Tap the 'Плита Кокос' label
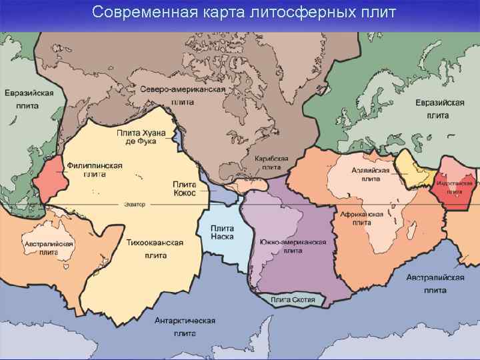(x=184, y=188)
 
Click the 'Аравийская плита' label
(x=371, y=174)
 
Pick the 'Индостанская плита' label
(x=455, y=187)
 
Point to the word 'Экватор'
(x=134, y=204)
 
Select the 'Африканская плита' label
(x=361, y=219)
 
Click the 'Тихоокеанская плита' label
(x=155, y=248)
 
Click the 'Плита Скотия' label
(x=293, y=299)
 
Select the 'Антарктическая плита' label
(x=185, y=326)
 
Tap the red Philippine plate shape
(x=52, y=180)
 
